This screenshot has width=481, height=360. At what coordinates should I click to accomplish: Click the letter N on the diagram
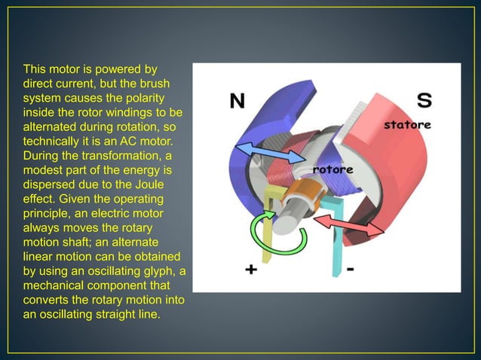237,100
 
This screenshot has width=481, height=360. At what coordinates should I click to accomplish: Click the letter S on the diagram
424,100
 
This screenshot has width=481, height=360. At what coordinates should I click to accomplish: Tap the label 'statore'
407,124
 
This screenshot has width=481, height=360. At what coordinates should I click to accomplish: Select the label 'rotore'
333,169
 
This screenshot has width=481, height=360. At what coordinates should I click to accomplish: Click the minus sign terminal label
351,269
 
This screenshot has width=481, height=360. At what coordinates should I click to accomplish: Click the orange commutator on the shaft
308,193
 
